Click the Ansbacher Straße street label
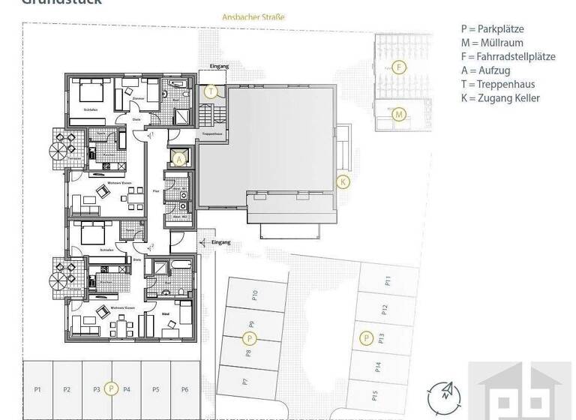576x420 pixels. [253, 16]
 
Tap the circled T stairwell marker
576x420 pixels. [211, 92]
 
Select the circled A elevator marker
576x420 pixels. [179, 157]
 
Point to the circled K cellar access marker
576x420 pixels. [343, 181]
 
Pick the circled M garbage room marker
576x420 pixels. [399, 115]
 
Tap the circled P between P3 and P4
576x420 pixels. [111, 388]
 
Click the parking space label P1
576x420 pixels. [37, 389]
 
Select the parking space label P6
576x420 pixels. [184, 389]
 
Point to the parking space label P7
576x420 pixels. [244, 382]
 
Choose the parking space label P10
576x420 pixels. [255, 294]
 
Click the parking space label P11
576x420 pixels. [388, 281]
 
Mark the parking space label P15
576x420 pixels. [374, 394]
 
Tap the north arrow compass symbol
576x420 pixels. [444, 395]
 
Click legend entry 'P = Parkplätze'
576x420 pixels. [492, 29]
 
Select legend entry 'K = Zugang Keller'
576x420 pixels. [500, 97]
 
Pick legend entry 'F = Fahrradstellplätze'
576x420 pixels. [508, 56]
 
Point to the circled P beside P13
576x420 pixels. [366, 338]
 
